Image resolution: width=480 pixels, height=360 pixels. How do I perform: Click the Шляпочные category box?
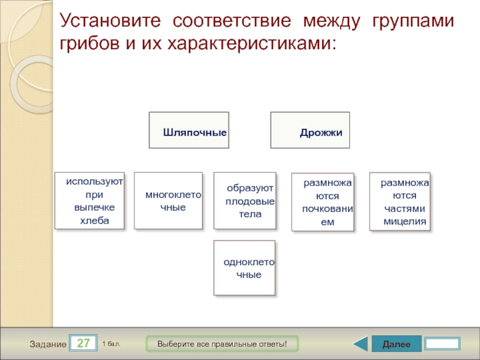pos(188,130)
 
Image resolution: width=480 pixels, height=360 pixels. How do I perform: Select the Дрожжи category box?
pos(310,130)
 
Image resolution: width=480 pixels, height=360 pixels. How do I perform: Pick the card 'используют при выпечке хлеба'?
pos(90,200)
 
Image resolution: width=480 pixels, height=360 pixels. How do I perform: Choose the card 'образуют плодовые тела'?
pos(245,200)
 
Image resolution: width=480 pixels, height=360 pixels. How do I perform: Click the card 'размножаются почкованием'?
pos(323,202)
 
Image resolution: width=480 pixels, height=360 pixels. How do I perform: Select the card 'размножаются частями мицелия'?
pos(400,202)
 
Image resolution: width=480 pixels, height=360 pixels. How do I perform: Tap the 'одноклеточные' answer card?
pos(244,268)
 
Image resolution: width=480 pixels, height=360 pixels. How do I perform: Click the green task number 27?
pos(84,344)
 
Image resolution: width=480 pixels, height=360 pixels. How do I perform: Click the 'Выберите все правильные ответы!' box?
pos(222,344)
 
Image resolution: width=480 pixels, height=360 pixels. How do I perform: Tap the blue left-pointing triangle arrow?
pos(360,344)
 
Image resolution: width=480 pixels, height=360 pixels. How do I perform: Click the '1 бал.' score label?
pos(112,344)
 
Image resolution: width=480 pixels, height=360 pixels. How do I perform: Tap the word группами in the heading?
pos(413,22)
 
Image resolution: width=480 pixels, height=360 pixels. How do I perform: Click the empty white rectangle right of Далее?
pos(442,344)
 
